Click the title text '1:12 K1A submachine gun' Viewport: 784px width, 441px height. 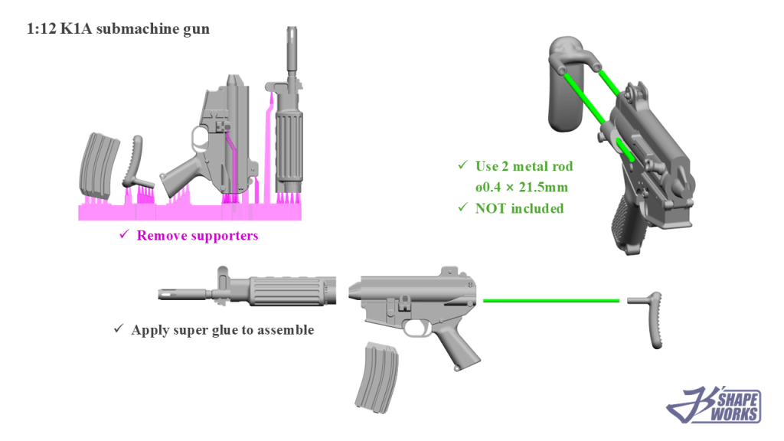119,30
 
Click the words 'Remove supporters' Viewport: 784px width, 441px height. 198,236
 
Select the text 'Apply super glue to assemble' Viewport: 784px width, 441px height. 222,330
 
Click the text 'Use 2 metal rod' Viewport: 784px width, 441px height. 524,166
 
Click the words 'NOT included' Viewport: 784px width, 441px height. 519,208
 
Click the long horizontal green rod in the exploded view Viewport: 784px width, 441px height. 551,300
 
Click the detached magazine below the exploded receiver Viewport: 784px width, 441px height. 375,375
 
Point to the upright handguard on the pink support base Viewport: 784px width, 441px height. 289,145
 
